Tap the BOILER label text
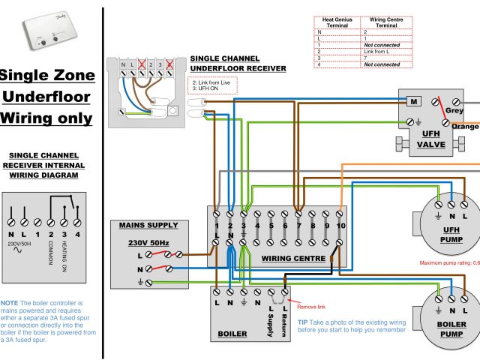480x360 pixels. (x=232, y=334)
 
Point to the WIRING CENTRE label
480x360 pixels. (x=293, y=258)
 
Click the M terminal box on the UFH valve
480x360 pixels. (x=412, y=101)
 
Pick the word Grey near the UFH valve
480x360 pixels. (x=454, y=111)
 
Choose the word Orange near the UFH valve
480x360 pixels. (x=465, y=127)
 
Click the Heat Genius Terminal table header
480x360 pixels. (x=337, y=22)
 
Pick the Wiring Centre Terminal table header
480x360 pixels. (x=386, y=22)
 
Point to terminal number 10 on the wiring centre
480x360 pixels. (x=340, y=225)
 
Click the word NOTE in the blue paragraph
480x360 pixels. (x=10, y=302)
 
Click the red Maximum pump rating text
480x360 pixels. (x=449, y=262)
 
